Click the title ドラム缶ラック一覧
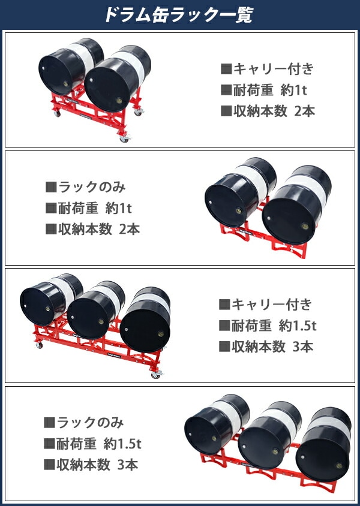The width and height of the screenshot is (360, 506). tap(179, 14)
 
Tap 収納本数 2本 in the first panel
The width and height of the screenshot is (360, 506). tap(267, 112)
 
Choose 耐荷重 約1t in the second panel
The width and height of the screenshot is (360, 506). tap(88, 209)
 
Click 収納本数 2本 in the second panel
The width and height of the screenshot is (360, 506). tap(92, 230)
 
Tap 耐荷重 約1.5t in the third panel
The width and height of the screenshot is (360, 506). tap(267, 326)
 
